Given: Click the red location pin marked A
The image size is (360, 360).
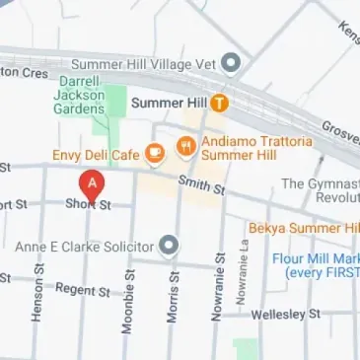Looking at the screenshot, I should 91,184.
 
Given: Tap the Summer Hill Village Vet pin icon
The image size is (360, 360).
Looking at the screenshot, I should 232,65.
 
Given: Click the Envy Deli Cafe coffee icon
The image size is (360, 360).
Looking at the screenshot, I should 154,153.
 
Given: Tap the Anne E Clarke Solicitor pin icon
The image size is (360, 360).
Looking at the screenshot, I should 170,244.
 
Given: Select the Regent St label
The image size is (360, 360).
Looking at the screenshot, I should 82,290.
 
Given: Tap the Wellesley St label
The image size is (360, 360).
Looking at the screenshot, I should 287,314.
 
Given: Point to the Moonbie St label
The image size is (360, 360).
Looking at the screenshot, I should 127,300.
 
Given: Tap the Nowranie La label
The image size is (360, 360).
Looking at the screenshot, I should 244,274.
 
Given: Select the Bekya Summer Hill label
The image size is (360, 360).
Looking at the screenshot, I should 303,228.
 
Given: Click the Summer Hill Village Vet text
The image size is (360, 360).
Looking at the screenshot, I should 156,65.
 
